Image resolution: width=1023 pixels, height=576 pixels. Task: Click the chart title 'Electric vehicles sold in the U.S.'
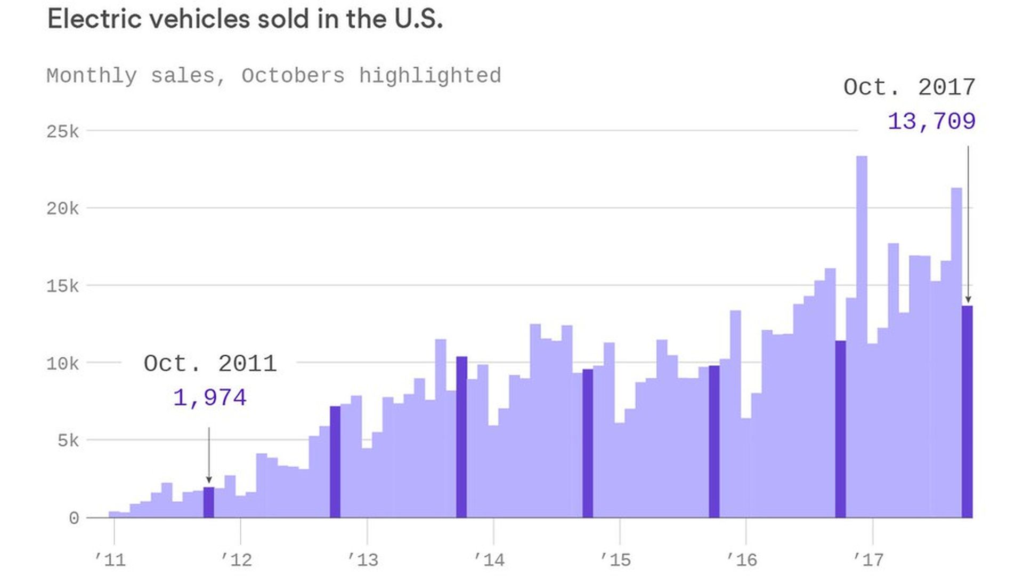pyautogui.click(x=245, y=20)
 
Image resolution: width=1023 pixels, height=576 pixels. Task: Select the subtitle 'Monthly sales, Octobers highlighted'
pyautogui.click(x=274, y=76)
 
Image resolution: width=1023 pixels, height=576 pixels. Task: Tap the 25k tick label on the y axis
pyautogui.click(x=62, y=131)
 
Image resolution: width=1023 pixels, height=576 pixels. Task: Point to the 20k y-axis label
pyautogui.click(x=62, y=209)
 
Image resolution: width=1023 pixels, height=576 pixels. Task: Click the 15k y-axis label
pyautogui.click(x=62, y=286)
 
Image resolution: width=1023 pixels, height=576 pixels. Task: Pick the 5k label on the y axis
pyautogui.click(x=68, y=441)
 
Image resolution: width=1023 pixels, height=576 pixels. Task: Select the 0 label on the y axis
pyautogui.click(x=74, y=518)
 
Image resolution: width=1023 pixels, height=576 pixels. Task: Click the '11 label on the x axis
pyautogui.click(x=110, y=559)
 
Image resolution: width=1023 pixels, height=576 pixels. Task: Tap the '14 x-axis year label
pyautogui.click(x=489, y=559)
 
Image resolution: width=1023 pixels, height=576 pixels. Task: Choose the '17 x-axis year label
pyautogui.click(x=868, y=559)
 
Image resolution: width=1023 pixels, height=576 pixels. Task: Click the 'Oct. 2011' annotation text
pyautogui.click(x=210, y=364)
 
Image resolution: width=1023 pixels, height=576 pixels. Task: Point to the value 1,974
pyautogui.click(x=210, y=398)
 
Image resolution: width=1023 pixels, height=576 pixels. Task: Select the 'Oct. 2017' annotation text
pyautogui.click(x=909, y=87)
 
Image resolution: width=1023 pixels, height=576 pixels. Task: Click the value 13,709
pyautogui.click(x=931, y=122)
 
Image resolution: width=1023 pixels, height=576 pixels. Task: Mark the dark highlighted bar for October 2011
pyautogui.click(x=209, y=502)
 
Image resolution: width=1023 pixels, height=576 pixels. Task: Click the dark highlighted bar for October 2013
pyautogui.click(x=461, y=437)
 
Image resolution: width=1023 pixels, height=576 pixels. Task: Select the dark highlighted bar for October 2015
pyautogui.click(x=714, y=442)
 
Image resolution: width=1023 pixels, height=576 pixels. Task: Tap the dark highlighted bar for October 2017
pyautogui.click(x=967, y=412)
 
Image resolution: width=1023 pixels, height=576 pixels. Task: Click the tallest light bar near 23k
pyautogui.click(x=862, y=336)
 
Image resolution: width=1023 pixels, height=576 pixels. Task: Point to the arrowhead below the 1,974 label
pyautogui.click(x=209, y=480)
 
